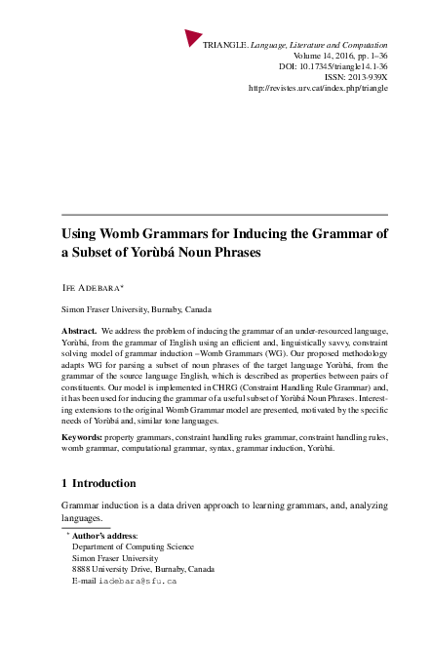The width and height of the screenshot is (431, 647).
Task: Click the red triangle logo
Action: tap(193, 38)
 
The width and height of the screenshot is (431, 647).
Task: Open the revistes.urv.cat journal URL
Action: tap(318, 88)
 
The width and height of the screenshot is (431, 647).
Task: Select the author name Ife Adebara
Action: tap(100, 290)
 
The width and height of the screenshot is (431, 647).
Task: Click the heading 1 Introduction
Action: tap(98, 482)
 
